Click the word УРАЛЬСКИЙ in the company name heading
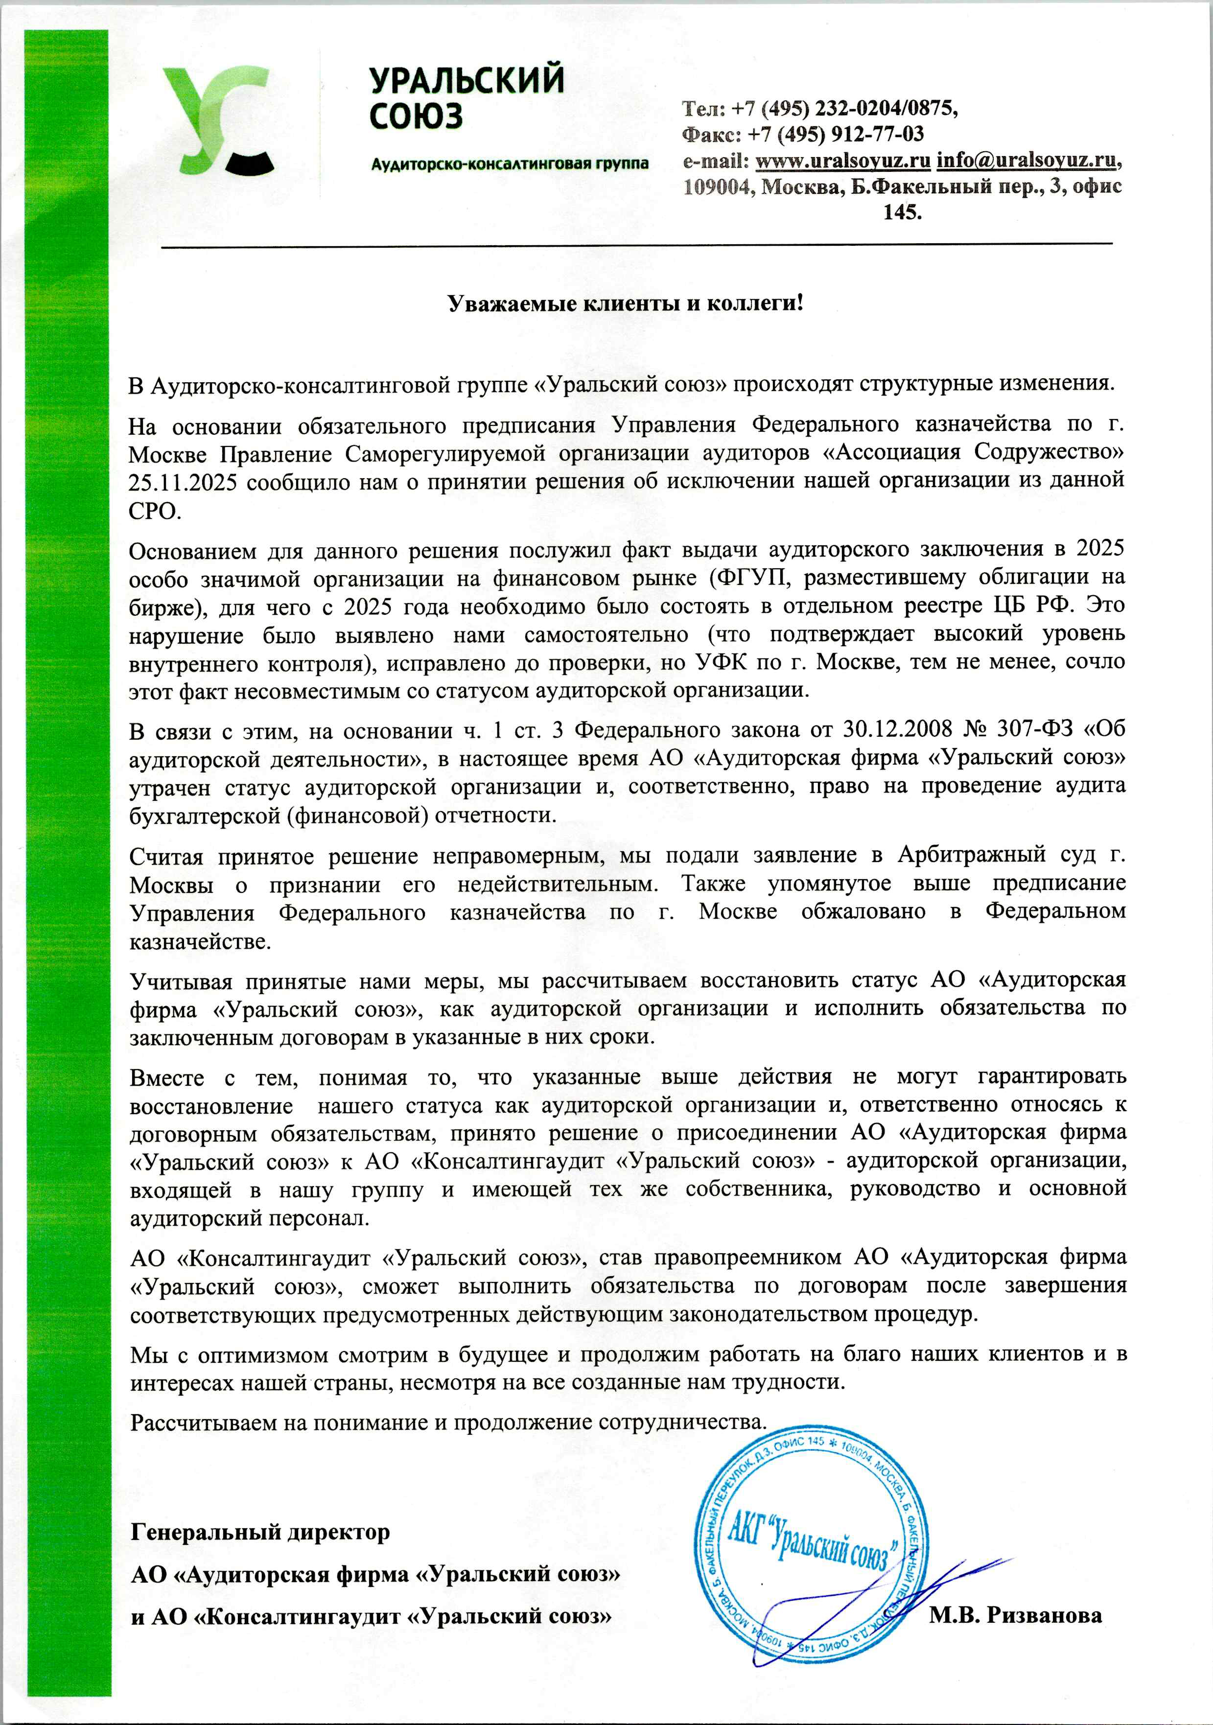coord(467,80)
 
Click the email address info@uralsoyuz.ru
coord(1026,160)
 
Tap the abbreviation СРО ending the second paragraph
coord(155,511)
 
